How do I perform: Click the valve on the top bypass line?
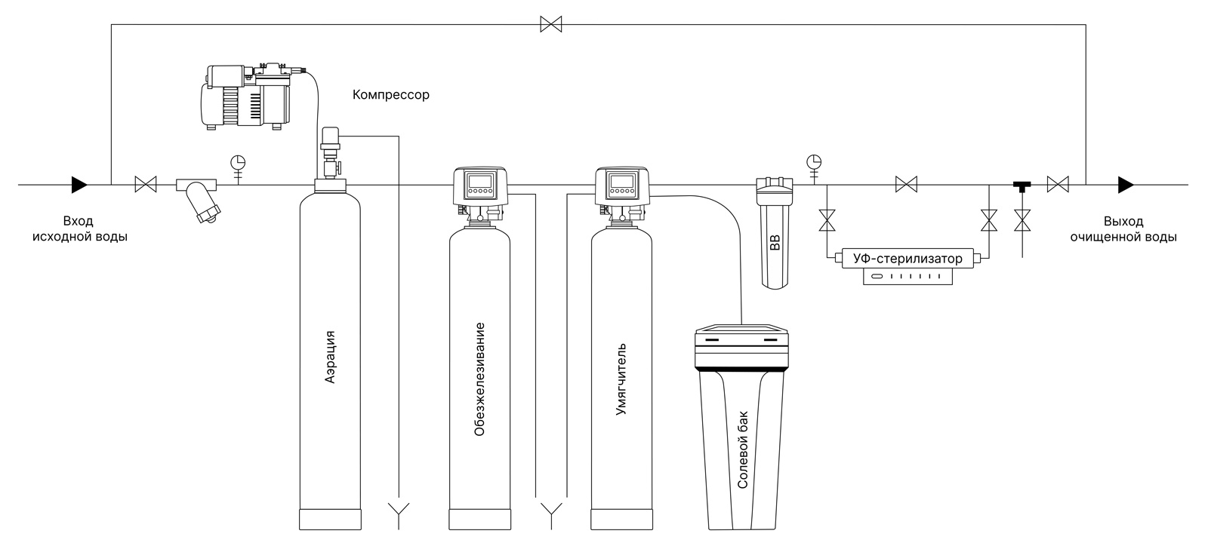click(551, 25)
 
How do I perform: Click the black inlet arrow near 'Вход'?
click(79, 184)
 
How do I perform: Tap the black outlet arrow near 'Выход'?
click(1125, 184)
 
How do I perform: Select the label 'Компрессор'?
click(390, 95)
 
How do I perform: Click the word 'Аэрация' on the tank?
click(330, 357)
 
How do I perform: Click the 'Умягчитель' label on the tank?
click(621, 380)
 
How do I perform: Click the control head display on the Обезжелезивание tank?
click(479, 182)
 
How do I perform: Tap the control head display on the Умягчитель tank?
click(621, 182)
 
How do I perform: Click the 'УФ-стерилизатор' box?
click(907, 259)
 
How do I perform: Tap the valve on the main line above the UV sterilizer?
click(906, 184)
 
